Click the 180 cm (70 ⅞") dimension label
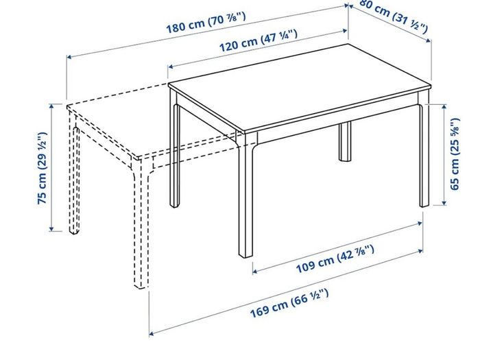(206, 23)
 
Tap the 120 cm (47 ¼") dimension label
(258, 40)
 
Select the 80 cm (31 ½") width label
(394, 15)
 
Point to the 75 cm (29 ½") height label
(42, 168)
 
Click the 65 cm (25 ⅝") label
(455, 154)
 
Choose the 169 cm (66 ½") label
(289, 303)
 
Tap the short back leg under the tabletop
(345, 141)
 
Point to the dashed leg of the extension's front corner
(140, 224)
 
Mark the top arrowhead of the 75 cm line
(51, 106)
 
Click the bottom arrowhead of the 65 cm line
(444, 203)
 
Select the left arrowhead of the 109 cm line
(255, 271)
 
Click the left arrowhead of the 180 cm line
(69, 57)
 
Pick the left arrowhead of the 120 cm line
(171, 67)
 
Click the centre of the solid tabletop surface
(300, 88)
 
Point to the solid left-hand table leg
(174, 150)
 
